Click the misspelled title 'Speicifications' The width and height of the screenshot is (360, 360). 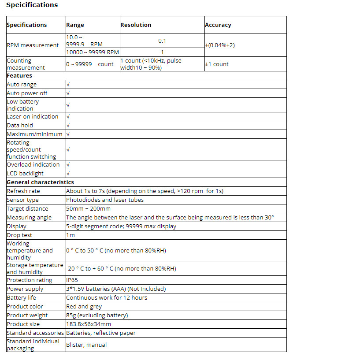point(32,5)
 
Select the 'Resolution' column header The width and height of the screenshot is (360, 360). point(136,25)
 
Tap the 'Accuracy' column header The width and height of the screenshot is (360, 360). point(218,25)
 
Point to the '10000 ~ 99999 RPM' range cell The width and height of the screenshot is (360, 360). point(93,52)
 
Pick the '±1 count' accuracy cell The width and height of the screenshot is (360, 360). point(217,64)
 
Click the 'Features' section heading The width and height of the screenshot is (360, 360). point(19,76)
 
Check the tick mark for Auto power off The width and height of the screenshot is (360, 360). point(68,93)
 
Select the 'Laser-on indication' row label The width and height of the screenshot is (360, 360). point(33,117)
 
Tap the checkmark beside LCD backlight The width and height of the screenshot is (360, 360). point(68,174)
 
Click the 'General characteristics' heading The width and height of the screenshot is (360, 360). point(40,182)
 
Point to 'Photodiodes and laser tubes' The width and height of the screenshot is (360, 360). point(105,200)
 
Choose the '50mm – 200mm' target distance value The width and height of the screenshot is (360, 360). point(88,209)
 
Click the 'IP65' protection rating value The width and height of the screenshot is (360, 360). point(72,280)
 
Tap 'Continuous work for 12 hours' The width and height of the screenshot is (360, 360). point(107,298)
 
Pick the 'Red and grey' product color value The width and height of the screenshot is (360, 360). point(84,307)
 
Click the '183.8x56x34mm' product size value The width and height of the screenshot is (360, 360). point(89,324)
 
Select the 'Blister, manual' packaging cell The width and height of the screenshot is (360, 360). point(86,345)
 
